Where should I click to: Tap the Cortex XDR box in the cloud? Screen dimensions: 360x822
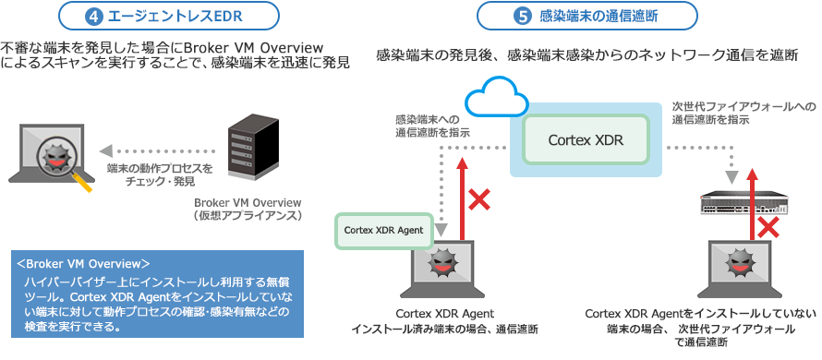(x=586, y=140)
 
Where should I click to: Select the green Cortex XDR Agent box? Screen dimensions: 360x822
(x=384, y=229)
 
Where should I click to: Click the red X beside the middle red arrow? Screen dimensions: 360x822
(x=479, y=198)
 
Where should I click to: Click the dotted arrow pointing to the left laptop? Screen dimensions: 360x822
(x=157, y=148)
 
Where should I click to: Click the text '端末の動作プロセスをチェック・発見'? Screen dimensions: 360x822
(x=160, y=175)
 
